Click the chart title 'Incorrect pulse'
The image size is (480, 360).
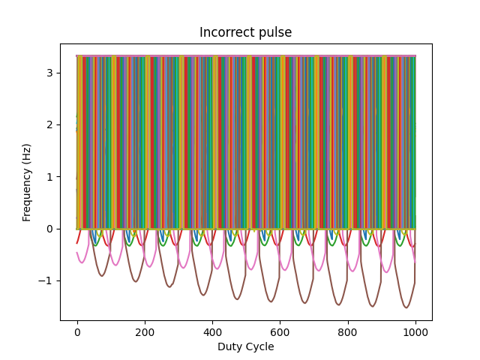click(x=245, y=32)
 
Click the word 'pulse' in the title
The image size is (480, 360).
click(x=276, y=32)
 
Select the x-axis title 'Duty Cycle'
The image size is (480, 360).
click(x=245, y=346)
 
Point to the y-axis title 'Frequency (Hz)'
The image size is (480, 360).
click(x=27, y=182)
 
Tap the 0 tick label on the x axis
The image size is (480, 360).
click(x=77, y=331)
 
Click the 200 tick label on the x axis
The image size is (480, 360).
click(x=145, y=331)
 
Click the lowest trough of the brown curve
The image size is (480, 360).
click(x=406, y=307)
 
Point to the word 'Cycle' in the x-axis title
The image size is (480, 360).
click(x=260, y=346)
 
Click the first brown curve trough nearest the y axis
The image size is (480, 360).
click(x=102, y=276)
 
